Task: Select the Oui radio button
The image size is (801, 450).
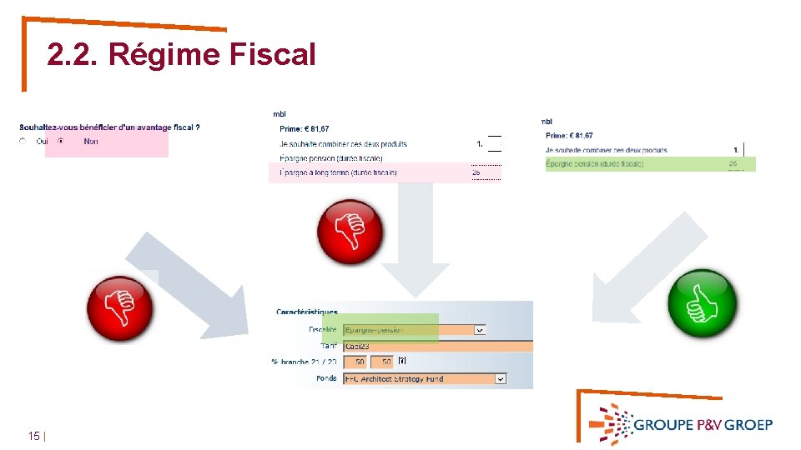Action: click(23, 142)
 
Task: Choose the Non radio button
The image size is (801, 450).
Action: click(60, 142)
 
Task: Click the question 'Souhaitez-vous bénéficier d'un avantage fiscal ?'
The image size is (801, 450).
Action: click(109, 127)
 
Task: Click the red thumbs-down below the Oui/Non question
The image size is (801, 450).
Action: click(120, 307)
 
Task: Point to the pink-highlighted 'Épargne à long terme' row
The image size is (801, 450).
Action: click(385, 172)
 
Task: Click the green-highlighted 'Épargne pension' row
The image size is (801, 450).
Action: click(650, 164)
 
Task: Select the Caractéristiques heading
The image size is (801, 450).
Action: click(307, 312)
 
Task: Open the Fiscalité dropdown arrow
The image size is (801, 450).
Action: click(480, 330)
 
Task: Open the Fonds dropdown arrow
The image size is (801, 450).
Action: click(501, 378)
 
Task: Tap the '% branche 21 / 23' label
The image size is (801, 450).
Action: click(304, 362)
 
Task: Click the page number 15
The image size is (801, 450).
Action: click(34, 436)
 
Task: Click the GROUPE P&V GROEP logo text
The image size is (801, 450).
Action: click(703, 424)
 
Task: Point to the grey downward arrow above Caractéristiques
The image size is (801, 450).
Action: click(415, 237)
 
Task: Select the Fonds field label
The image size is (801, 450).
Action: click(326, 378)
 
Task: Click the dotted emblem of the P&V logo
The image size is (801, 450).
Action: click(611, 423)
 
